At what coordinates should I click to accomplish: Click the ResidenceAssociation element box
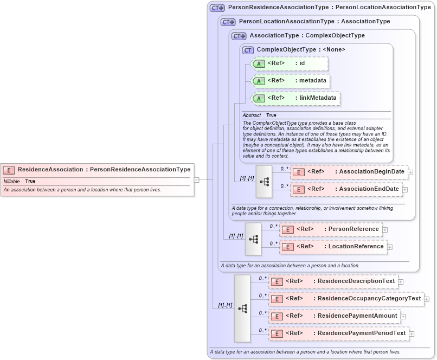tap(98, 170)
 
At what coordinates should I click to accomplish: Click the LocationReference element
tap(333, 247)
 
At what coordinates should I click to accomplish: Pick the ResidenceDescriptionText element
tap(333, 281)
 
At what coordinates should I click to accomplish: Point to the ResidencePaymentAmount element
tap(334, 316)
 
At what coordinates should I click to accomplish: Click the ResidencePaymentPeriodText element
tap(338, 333)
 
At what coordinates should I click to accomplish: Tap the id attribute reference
tap(290, 63)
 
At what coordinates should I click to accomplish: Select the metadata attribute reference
tap(291, 81)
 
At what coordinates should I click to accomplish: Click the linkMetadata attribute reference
tap(295, 98)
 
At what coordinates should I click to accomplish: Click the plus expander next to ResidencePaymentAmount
tap(403, 316)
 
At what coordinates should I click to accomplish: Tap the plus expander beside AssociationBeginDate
tap(410, 172)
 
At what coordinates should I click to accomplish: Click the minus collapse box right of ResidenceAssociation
tap(197, 179)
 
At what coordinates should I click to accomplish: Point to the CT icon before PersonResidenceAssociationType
tap(217, 8)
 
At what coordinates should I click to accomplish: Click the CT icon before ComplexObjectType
tap(248, 50)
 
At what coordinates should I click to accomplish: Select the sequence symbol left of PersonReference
tap(253, 239)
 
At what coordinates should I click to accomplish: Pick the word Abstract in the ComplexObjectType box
tap(252, 115)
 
